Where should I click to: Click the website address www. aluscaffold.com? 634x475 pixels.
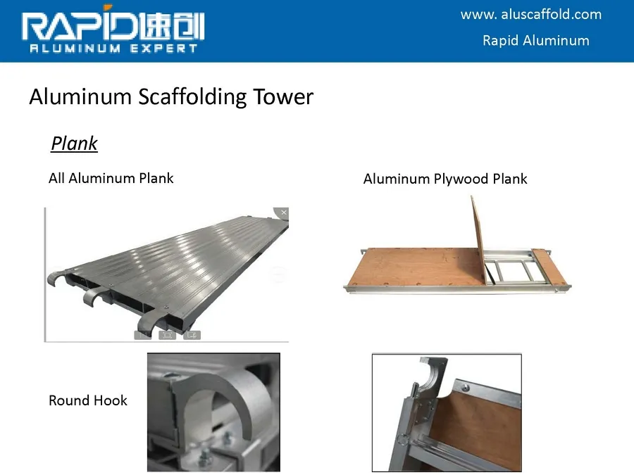[x=531, y=15]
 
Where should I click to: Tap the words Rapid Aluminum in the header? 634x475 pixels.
[x=535, y=40]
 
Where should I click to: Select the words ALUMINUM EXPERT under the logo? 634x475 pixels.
[x=113, y=49]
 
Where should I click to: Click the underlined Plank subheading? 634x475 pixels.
[x=74, y=144]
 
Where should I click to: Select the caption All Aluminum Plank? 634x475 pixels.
[x=111, y=178]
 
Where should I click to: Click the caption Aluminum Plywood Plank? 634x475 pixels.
[x=445, y=179]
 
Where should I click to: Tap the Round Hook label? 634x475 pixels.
[x=88, y=400]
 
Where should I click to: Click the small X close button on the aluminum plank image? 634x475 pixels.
[x=283, y=213]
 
